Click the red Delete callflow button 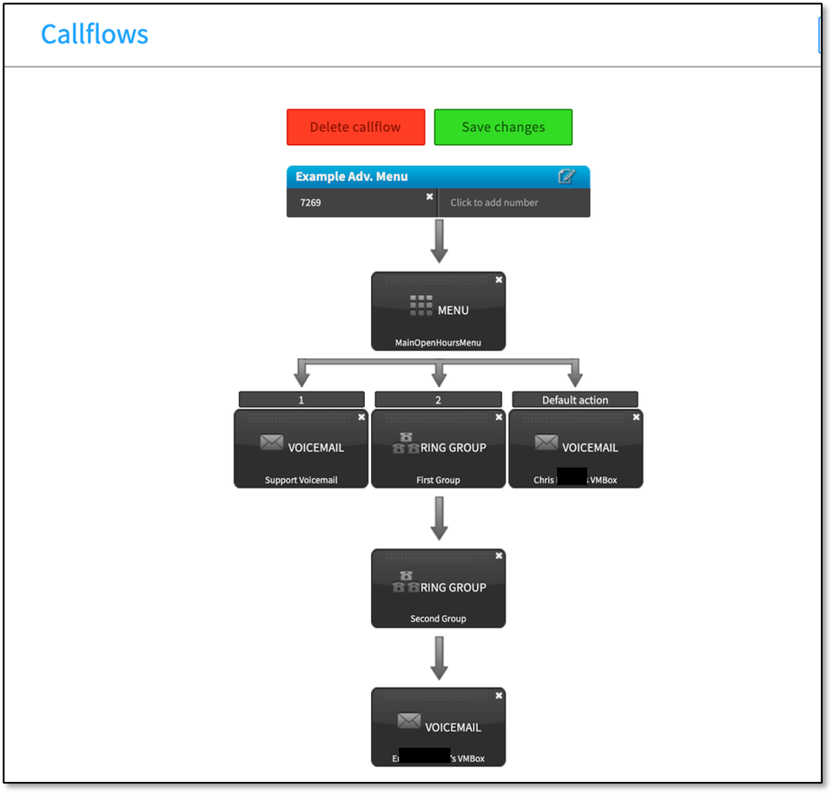[x=355, y=127]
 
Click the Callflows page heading [x=94, y=35]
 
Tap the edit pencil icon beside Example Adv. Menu [x=566, y=176]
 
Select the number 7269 [x=310, y=203]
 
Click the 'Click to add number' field [x=494, y=203]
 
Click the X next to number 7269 [x=429, y=197]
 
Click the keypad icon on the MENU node [x=421, y=305]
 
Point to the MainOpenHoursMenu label [x=438, y=343]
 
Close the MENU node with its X [x=499, y=279]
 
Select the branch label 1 [x=301, y=400]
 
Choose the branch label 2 [x=438, y=400]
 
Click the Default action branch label [x=575, y=400]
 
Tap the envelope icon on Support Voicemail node [x=271, y=443]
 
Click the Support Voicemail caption [x=301, y=480]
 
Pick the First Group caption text [x=438, y=480]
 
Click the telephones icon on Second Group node [x=406, y=582]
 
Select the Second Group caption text [x=438, y=619]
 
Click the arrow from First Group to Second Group [x=439, y=517]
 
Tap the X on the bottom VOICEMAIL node [x=499, y=696]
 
